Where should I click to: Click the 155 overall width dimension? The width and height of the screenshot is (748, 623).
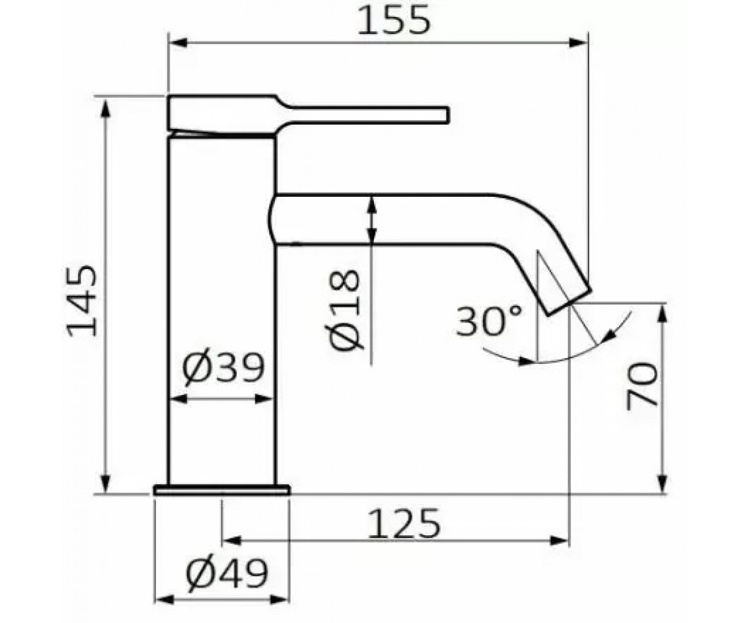tap(394, 21)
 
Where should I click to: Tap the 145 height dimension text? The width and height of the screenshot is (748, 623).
tap(82, 301)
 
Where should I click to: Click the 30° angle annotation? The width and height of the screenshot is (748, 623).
tap(489, 320)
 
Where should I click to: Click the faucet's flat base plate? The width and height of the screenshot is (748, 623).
tap(222, 490)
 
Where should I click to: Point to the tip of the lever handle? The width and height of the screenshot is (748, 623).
tap(448, 115)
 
